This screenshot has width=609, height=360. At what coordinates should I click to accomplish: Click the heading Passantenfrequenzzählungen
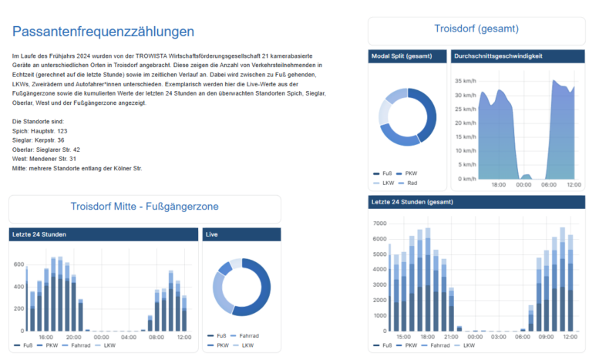click(103, 32)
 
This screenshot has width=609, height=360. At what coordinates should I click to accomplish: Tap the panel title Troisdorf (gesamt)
click(476, 29)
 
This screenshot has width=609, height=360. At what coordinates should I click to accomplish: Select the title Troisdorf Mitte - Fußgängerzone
click(144, 207)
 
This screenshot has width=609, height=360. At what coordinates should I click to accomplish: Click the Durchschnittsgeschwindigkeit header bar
click(518, 56)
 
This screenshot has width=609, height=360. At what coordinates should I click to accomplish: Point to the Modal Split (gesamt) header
click(408, 56)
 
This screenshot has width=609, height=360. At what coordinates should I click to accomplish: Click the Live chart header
click(241, 234)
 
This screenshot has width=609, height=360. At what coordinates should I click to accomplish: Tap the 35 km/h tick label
click(466, 81)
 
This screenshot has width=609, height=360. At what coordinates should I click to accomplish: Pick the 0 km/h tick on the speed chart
click(467, 179)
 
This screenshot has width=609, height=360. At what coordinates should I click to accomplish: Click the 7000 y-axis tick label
click(379, 224)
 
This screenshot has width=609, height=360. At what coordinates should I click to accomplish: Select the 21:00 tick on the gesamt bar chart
click(451, 337)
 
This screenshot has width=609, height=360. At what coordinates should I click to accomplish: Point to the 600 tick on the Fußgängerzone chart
click(19, 264)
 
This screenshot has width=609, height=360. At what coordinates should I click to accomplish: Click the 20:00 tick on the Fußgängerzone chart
click(73, 337)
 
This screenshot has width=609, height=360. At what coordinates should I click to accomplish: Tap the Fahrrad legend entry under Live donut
click(244, 335)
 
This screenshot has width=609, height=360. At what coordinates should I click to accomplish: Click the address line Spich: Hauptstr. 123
click(39, 131)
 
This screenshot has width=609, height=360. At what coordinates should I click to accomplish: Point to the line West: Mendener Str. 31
click(44, 159)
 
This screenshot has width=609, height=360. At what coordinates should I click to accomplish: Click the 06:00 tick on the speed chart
click(549, 185)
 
